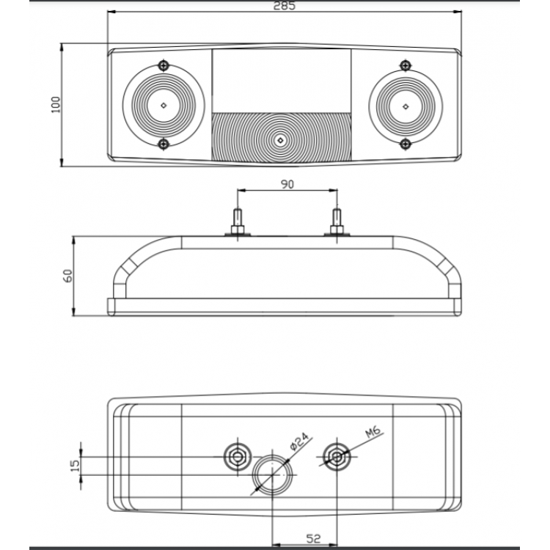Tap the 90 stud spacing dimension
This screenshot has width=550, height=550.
[287, 184]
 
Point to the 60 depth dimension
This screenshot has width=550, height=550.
[68, 276]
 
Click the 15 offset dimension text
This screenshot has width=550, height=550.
[75, 466]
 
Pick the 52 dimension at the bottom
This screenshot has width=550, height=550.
[313, 539]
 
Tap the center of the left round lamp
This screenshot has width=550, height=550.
[163, 105]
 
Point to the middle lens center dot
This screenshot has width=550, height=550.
[279, 139]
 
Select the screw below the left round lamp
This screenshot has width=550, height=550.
[164, 143]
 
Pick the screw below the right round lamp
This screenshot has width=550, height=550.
[403, 143]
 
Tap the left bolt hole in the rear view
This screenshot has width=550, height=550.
[238, 456]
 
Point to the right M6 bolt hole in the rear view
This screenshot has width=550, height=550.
[337, 456]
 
